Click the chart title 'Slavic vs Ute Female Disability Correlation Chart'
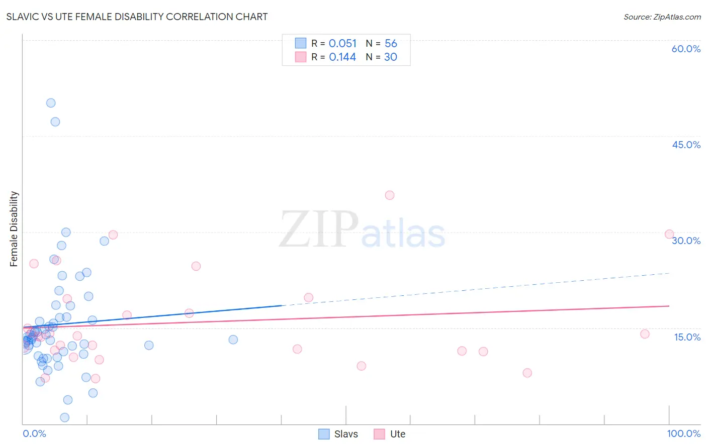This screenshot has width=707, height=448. click(137, 17)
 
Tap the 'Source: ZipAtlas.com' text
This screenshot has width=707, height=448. click(662, 17)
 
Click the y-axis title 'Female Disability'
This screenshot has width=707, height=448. click(14, 229)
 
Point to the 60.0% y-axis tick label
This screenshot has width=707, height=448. click(686, 49)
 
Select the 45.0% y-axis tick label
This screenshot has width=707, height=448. click(686, 145)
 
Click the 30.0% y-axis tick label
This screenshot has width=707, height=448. click(686, 241)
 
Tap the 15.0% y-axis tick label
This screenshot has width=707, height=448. click(687, 337)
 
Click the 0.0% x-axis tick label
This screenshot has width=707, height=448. click(34, 433)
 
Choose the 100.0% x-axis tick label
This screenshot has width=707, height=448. click(683, 433)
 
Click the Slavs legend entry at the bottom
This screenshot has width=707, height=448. click(338, 434)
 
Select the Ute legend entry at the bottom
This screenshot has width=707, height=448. click(390, 434)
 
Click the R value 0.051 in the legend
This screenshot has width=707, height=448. click(342, 44)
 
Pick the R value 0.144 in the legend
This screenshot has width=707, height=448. click(342, 57)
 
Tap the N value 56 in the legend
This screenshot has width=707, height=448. click(391, 44)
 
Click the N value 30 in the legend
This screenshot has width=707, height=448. click(391, 57)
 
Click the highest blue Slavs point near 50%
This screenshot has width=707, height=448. click(51, 103)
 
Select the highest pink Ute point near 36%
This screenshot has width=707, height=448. click(390, 195)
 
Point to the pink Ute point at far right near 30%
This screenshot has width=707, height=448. click(669, 234)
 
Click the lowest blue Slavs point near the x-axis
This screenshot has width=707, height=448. click(65, 417)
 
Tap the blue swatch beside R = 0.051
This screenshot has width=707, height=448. click(301, 43)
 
